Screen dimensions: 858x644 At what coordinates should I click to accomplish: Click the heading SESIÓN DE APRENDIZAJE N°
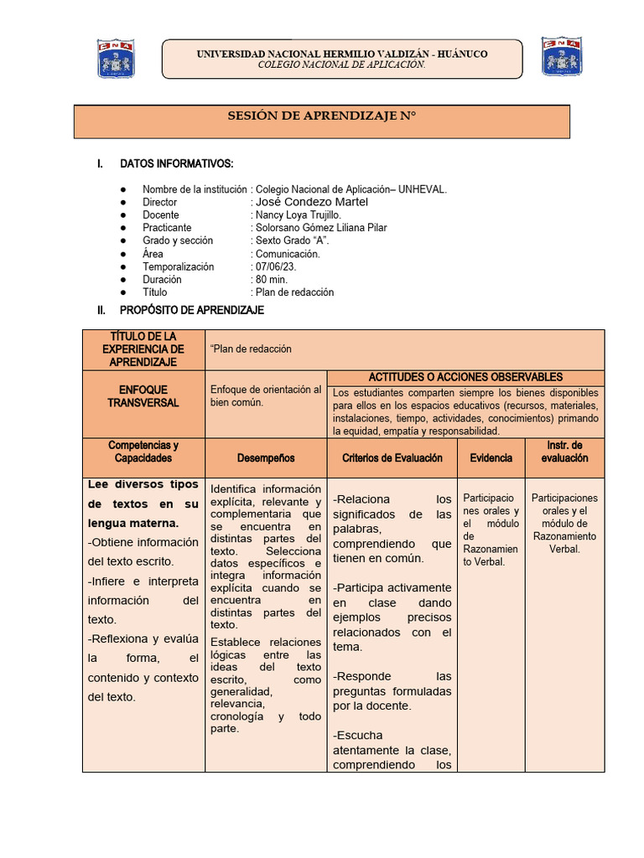(322, 116)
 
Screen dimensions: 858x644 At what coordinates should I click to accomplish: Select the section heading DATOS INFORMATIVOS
(176, 163)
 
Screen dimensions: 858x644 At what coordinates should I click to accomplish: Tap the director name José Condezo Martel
(311, 202)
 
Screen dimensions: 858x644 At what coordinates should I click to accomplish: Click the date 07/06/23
(276, 266)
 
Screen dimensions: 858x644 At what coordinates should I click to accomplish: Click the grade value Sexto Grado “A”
(292, 240)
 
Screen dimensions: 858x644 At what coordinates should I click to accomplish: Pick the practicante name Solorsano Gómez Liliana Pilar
(321, 228)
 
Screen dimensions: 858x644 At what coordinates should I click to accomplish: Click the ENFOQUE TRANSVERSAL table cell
(143, 396)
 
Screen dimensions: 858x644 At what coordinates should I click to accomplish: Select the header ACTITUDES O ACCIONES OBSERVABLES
(465, 378)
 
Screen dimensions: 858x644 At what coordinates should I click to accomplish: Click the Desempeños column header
(266, 458)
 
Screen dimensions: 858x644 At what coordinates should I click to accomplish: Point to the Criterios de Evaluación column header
(392, 458)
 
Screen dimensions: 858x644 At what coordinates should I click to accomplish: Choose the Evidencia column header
(491, 458)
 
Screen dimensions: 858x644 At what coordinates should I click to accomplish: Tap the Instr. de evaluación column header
(564, 452)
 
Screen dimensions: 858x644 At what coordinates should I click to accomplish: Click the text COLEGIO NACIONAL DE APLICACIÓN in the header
(341, 65)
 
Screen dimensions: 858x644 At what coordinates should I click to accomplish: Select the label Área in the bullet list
(153, 254)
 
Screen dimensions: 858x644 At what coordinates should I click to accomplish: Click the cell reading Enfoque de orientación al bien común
(265, 396)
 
